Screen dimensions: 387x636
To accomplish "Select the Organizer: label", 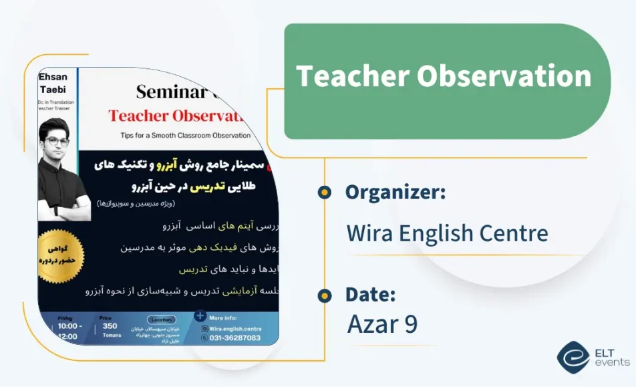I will click(x=395, y=192).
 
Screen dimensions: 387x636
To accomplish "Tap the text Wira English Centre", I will click(x=447, y=233).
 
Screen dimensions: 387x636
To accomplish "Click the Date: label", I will click(x=370, y=294).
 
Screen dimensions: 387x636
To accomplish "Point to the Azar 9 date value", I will click(x=382, y=324).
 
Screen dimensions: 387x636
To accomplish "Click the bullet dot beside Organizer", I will click(x=324, y=192).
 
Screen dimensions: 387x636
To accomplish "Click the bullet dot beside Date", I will click(x=324, y=295).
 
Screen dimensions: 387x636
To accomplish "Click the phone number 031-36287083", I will click(x=235, y=338).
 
